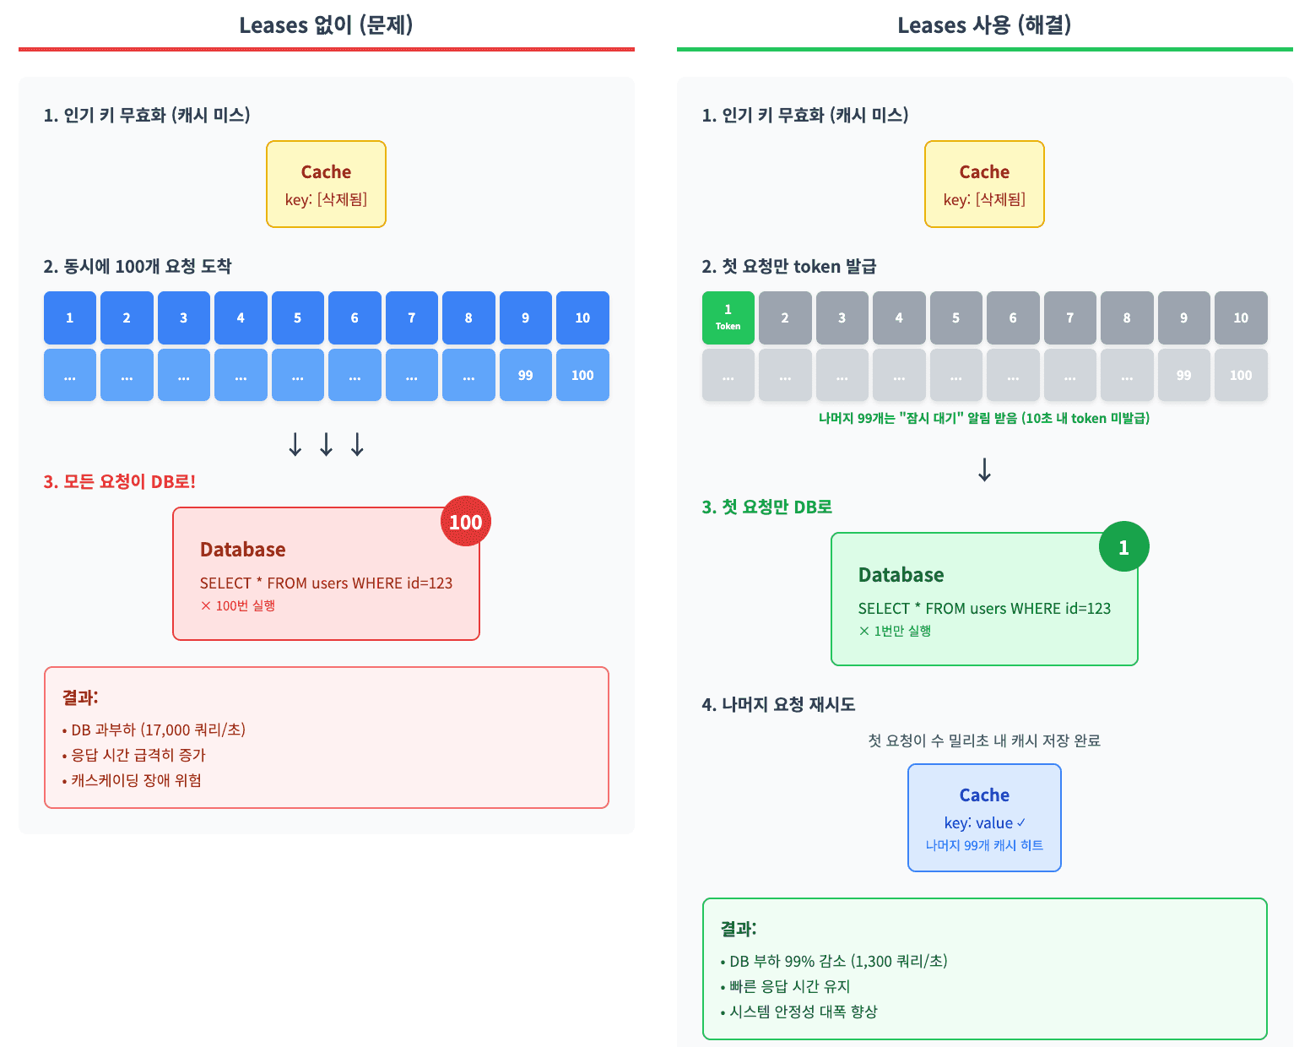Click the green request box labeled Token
pos(728,317)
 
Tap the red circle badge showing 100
pos(465,522)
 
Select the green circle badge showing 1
pos(1123,547)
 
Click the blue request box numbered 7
pos(411,317)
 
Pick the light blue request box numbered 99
pos(525,375)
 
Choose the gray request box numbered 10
pos(1240,317)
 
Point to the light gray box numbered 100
pos(1240,375)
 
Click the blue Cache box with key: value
pos(984,817)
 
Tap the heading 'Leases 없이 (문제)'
pos(326,25)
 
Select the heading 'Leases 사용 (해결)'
pos(984,25)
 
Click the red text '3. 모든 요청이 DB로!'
pos(120,482)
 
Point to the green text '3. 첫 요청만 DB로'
pos(766,507)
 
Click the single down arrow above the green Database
pos(984,469)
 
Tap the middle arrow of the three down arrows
pos(326,444)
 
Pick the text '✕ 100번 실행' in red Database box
pos(238,605)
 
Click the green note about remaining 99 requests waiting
pos(984,418)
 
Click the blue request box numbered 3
pos(183,317)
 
